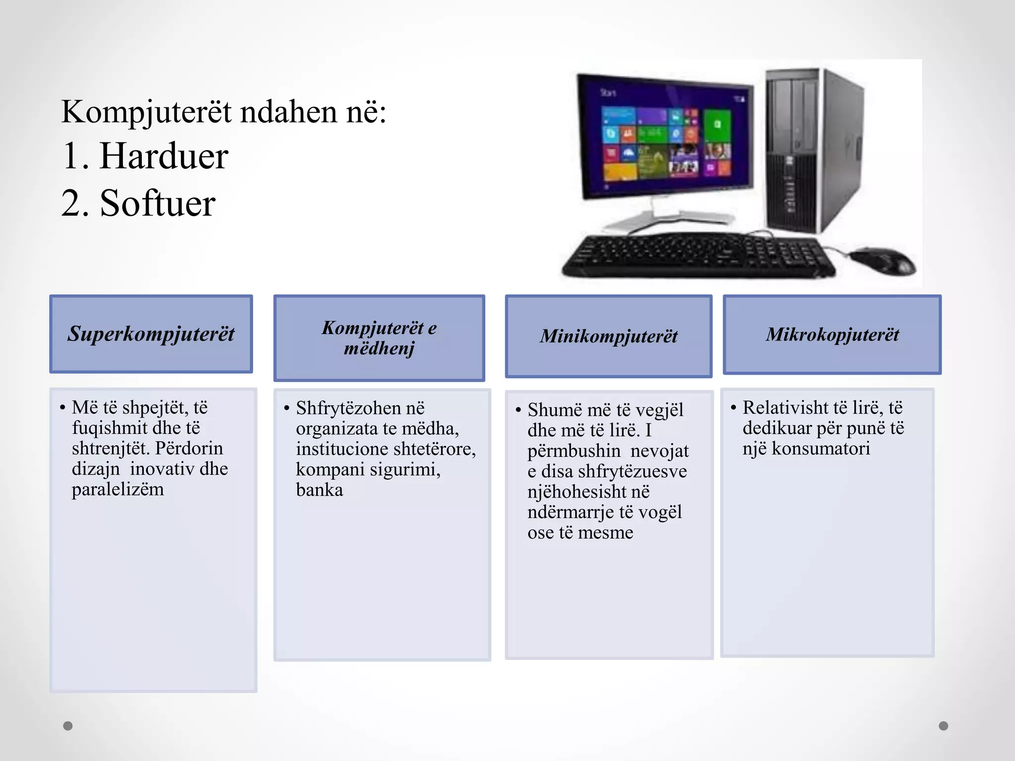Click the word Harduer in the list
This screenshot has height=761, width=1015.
click(164, 157)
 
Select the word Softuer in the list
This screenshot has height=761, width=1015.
click(158, 203)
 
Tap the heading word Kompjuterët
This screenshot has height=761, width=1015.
click(146, 112)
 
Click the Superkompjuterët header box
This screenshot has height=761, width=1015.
click(151, 334)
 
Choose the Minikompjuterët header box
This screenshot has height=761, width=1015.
click(609, 336)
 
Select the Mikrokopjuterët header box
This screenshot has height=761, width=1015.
click(832, 334)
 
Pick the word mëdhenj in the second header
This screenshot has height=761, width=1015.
click(379, 348)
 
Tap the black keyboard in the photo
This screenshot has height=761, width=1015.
click(699, 256)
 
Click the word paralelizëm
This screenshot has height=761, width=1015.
click(117, 489)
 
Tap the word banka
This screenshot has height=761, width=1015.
click(319, 490)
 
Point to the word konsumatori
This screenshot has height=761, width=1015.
click(821, 449)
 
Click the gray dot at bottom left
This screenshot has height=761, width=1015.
click(68, 726)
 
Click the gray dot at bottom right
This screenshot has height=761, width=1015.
click(944, 726)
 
